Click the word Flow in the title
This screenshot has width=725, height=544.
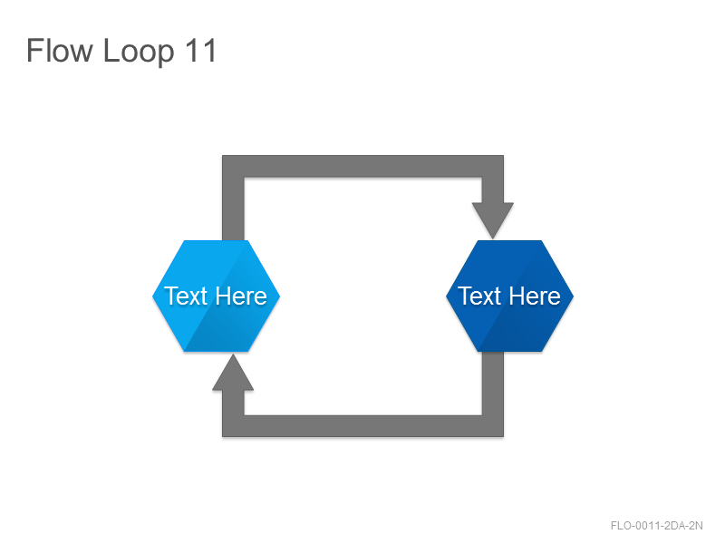pos(60,50)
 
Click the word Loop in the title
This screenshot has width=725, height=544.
pos(139,53)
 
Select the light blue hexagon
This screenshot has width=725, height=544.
pos(216,296)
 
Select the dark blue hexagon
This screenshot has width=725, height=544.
pos(509,296)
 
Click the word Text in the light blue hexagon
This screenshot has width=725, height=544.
pos(186,296)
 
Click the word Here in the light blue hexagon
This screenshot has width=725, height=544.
pos(241,296)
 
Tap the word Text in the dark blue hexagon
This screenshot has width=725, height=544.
pos(479,296)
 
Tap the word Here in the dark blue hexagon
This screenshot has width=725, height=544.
pos(535,296)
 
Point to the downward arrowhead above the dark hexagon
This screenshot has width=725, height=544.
pos(493,220)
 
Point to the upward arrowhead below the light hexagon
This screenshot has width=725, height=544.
pos(233,373)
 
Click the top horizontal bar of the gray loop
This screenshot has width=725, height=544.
pos(363,166)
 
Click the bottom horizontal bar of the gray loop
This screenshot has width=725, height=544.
pos(363,426)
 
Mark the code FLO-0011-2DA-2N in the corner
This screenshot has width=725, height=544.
pos(656,526)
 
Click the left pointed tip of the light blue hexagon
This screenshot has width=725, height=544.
pos(152,296)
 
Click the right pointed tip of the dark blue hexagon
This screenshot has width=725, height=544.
pos(574,296)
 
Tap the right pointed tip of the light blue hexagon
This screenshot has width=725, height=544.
pos(280,296)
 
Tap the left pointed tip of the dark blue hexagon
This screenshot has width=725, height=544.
pos(446,296)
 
